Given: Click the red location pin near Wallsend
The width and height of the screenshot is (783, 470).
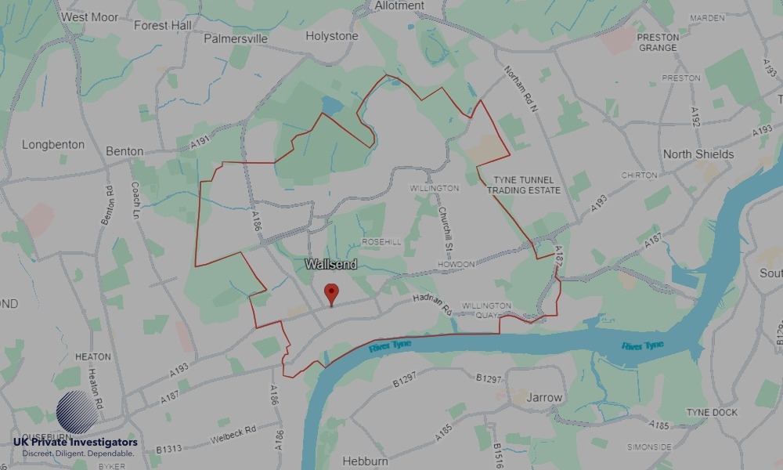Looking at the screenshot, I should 332,293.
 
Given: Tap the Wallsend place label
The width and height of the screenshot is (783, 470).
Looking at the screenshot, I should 331,265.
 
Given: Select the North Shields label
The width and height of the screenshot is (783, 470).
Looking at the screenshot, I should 698,154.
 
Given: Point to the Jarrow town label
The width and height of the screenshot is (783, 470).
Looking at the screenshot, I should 544,397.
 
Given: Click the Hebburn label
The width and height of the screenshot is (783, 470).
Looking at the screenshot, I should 366,461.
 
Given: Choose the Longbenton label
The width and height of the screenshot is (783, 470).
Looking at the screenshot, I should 52,145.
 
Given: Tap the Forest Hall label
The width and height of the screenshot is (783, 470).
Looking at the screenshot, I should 163,26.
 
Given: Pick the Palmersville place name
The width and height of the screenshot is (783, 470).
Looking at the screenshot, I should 235,38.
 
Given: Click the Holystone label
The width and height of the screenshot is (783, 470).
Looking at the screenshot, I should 332,36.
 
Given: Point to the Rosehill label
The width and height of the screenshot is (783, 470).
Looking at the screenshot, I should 381,242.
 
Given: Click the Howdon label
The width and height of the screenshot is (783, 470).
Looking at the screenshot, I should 456,265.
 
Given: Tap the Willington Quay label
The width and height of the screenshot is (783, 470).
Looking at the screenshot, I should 487,310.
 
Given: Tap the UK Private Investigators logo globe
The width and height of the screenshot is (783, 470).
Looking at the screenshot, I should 78,413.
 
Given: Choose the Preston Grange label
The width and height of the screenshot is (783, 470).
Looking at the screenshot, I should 658,42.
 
